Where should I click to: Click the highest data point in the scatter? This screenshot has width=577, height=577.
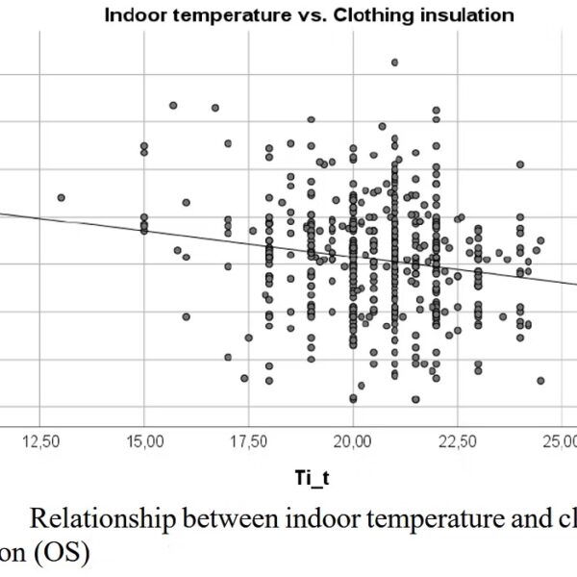coord(394,63)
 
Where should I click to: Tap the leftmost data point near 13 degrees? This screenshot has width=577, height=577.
coord(61,197)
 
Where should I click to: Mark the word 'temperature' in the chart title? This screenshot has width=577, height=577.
coord(234,16)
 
